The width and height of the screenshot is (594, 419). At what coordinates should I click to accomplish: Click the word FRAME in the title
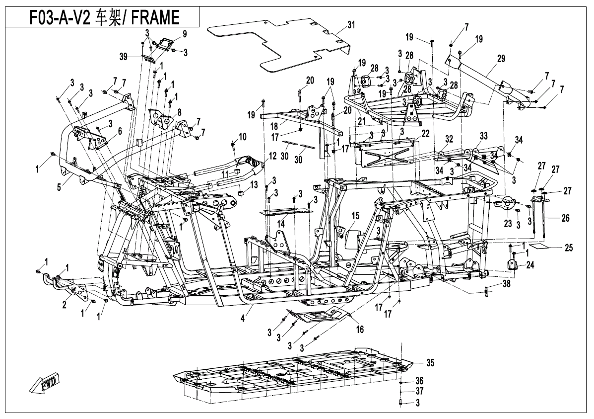(155, 17)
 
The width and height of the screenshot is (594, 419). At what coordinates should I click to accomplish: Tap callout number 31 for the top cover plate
(351, 25)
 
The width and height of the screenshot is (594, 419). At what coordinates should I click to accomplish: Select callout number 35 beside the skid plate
(430, 363)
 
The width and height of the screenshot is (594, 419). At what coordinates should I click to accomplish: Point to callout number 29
(501, 59)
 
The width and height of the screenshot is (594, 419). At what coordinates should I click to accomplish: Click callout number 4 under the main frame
(243, 318)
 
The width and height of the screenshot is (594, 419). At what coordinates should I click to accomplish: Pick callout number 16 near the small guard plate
(359, 329)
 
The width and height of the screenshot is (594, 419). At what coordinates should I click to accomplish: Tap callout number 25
(568, 248)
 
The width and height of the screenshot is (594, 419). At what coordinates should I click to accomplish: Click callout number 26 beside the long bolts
(565, 218)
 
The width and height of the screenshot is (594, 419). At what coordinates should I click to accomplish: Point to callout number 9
(185, 34)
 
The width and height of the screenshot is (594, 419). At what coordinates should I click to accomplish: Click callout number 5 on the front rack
(59, 187)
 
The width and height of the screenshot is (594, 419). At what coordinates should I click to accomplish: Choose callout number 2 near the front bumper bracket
(64, 304)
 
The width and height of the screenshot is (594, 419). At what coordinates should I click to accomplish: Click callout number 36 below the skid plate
(419, 381)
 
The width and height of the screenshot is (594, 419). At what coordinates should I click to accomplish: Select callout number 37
(419, 391)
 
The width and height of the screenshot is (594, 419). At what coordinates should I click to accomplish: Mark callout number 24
(530, 264)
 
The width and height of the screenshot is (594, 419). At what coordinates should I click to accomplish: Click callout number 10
(242, 137)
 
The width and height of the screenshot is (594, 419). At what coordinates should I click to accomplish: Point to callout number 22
(425, 134)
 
